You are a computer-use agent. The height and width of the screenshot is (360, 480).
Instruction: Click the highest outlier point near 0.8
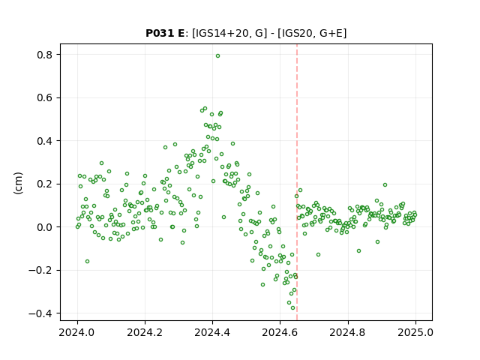217,56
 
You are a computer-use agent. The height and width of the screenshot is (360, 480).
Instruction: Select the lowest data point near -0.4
292,308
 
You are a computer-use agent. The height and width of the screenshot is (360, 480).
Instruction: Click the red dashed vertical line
297,182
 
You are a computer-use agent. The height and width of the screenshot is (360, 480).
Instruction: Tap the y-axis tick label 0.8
45,55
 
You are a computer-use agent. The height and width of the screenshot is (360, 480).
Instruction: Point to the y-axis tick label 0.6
45,98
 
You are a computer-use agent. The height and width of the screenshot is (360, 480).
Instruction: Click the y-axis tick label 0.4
45,141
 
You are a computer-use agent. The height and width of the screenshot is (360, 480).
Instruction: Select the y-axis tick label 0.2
45,184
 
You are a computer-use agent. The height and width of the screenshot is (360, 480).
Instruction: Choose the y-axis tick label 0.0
45,227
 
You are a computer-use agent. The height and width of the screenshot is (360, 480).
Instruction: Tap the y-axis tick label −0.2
40,271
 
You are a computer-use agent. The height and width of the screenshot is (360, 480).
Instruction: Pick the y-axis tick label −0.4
40,313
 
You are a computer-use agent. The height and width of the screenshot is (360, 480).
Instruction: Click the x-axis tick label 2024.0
77,332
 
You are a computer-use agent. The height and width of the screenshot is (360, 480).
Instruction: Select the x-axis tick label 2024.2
145,332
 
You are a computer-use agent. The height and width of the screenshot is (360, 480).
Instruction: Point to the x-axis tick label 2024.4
212,332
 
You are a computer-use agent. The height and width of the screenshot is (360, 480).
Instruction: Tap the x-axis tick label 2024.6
280,332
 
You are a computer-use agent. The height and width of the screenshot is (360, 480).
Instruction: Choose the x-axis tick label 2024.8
348,332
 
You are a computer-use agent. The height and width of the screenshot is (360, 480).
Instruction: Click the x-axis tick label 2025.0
415,332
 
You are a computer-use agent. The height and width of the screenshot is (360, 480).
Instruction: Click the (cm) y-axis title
18,183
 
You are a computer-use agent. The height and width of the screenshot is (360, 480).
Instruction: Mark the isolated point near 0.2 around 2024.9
385,185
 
